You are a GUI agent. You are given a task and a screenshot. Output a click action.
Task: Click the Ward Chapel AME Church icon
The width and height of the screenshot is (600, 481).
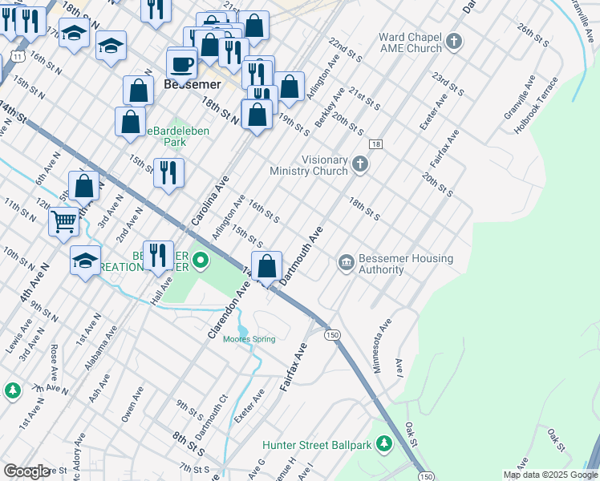455,41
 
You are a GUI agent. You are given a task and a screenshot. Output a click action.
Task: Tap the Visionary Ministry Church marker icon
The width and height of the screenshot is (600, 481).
360,164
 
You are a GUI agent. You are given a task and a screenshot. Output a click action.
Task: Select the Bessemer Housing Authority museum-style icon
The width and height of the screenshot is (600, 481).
347,263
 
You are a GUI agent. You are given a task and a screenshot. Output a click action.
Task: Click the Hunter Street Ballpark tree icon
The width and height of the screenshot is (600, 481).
385,443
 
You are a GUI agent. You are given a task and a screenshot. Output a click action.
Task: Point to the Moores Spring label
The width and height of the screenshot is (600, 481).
249,339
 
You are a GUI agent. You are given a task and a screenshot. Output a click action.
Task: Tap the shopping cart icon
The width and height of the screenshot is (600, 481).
63,220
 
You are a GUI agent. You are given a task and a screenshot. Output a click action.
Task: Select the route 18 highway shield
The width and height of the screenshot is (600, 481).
375,143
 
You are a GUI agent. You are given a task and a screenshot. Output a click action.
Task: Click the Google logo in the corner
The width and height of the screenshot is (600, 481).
26,471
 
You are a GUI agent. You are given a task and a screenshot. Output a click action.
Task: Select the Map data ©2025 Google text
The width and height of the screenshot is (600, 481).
549,475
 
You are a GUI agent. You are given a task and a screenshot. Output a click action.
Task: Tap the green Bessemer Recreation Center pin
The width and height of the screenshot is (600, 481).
201,260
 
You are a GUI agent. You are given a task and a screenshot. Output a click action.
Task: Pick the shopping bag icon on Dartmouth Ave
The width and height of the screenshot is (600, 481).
267,265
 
